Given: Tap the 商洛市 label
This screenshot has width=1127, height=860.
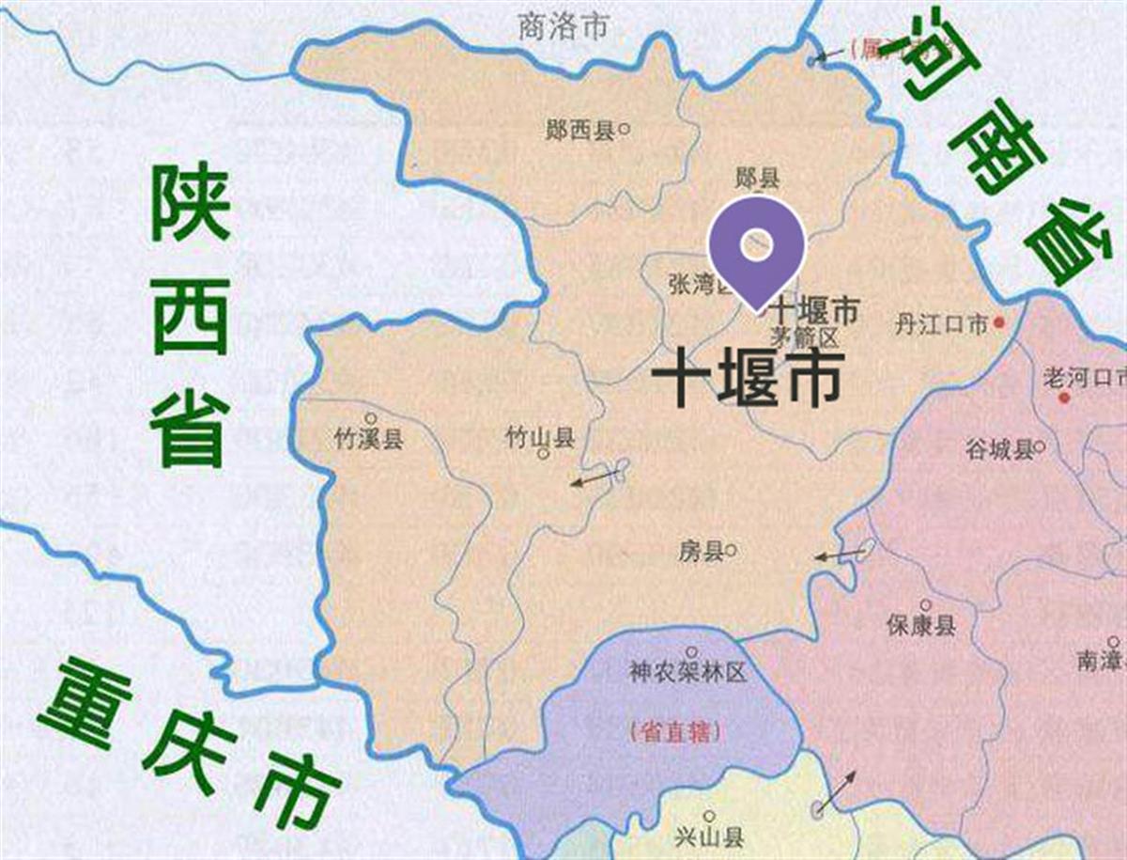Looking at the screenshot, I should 563,27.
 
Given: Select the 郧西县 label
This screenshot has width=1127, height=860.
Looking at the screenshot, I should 580,131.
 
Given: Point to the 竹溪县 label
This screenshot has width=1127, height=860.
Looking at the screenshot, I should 369,438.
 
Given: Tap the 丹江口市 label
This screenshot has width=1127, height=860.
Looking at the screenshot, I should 941,325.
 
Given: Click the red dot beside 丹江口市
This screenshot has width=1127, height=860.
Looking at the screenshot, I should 1000,324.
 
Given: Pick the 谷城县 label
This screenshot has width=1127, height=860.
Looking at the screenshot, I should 999,450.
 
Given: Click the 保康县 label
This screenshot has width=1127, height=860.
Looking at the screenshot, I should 920,625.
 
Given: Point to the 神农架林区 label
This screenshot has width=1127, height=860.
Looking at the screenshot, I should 687,673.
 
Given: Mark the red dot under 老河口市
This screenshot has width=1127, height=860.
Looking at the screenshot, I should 1064,399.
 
